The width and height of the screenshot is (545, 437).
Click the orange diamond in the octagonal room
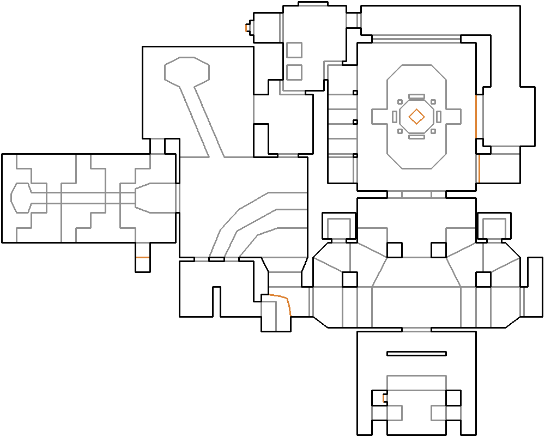pos(417,116)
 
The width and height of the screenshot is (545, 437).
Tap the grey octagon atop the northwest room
pos(187,71)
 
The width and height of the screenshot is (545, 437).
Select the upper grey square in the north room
pos(294,50)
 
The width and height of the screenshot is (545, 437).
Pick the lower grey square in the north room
pos(294,72)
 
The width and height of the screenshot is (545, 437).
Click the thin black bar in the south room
pos(416,354)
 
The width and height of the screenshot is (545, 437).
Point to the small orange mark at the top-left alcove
pos(247,27)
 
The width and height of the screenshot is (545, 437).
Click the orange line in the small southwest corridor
pos(142,257)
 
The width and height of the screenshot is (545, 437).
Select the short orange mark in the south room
pos(384,398)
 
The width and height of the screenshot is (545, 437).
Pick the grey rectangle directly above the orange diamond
pos(416,97)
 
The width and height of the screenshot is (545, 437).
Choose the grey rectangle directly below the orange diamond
pos(416,136)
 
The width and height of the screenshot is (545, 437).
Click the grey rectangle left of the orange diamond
pos(395,116)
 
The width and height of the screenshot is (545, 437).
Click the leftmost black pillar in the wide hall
pos(349,280)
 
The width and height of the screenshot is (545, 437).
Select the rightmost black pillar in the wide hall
pos(483,280)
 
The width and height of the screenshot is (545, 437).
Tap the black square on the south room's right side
pos(453,398)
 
